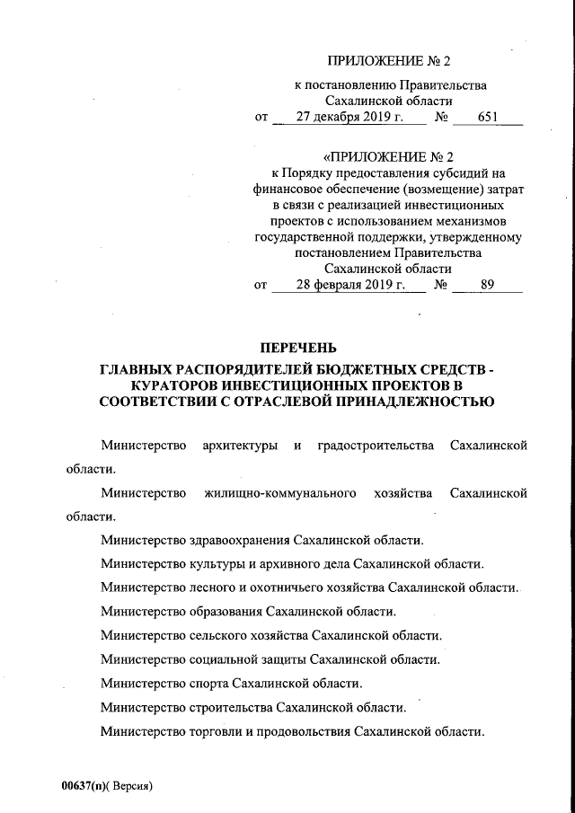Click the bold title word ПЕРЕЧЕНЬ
coord(298,349)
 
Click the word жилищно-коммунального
coord(279,493)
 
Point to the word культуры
coord(216,564)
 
